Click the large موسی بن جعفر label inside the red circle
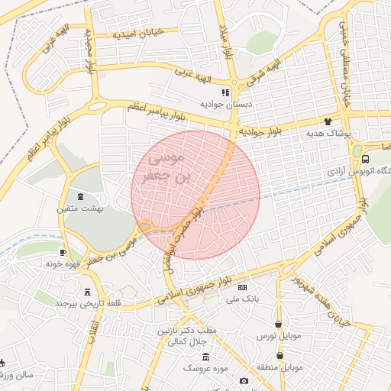coord(170,168)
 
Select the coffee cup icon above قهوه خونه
coord(63,252)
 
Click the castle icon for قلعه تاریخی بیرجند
coord(86,291)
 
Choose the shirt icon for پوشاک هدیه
coord(328,121)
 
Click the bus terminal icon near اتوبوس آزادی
coord(366,160)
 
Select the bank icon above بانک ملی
coord(243,288)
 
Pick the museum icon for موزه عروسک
coord(205,357)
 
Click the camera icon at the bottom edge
coord(244,380)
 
